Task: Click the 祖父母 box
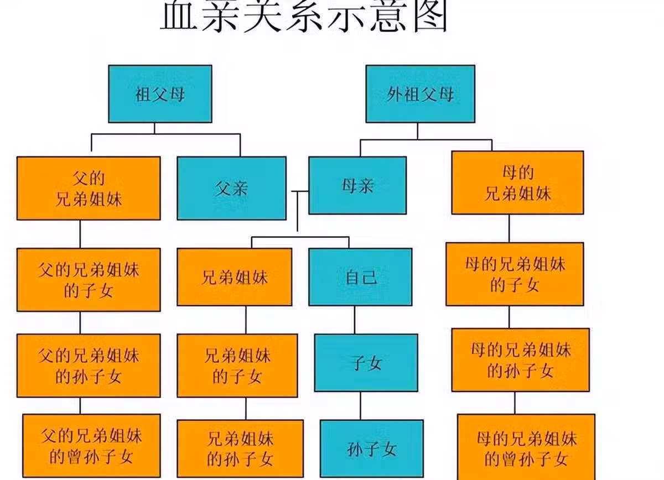160,93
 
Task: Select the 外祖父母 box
420,93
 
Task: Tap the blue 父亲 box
231,188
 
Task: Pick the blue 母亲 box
357,185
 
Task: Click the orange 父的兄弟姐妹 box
89,188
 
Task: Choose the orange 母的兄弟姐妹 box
517,182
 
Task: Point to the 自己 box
360,276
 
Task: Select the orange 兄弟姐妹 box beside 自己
234,276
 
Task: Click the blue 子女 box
366,363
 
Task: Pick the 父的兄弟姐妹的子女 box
89,279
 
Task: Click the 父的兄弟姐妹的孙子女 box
89,366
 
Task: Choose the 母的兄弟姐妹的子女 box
515,274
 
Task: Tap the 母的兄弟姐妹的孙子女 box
520,360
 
